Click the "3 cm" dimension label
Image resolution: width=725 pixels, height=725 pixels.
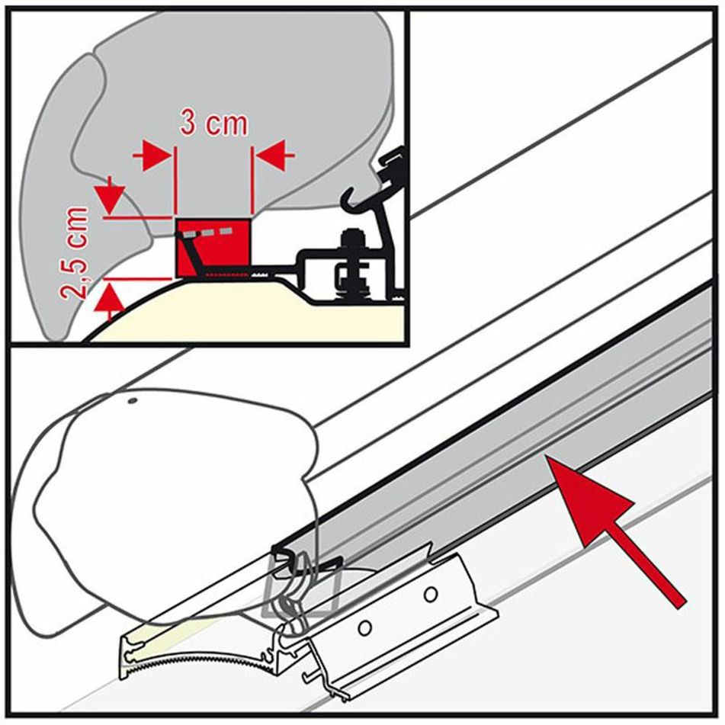(x=214, y=123)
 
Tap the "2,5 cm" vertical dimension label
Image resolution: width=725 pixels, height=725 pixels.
(x=75, y=254)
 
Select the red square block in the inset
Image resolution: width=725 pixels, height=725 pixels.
(x=213, y=249)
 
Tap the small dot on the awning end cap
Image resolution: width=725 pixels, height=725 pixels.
(x=132, y=400)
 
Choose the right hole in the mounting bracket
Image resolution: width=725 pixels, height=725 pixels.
(x=431, y=593)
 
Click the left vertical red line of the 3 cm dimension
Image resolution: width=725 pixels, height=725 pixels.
(x=175, y=182)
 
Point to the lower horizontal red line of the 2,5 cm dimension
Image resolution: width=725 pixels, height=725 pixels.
(x=137, y=278)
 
